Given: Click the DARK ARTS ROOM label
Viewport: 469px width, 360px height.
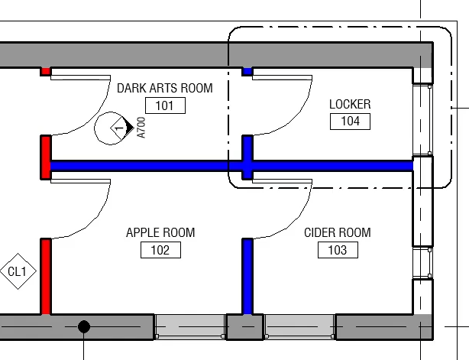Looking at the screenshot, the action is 164,89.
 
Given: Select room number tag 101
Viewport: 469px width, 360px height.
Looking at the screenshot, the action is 164,105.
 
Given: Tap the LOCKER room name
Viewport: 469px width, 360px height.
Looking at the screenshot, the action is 350,104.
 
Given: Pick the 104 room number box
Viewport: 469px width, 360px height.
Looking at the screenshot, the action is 350,121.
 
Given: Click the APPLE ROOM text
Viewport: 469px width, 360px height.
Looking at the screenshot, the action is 160,232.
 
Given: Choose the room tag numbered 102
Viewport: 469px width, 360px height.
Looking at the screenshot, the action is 160,250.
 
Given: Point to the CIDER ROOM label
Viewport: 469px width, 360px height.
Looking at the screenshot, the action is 337,232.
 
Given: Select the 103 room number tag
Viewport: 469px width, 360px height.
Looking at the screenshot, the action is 337,250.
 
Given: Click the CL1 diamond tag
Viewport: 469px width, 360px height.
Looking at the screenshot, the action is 17,271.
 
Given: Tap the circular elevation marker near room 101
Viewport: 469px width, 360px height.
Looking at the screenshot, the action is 113,128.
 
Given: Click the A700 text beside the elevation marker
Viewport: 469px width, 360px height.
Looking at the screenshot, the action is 141,128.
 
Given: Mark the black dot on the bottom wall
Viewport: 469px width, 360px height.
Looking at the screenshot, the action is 84,327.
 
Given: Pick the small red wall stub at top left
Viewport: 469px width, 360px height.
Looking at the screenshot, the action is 46,72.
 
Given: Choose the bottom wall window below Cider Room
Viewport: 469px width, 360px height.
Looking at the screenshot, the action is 299,326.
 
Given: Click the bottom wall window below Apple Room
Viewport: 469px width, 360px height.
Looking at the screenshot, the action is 190,326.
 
